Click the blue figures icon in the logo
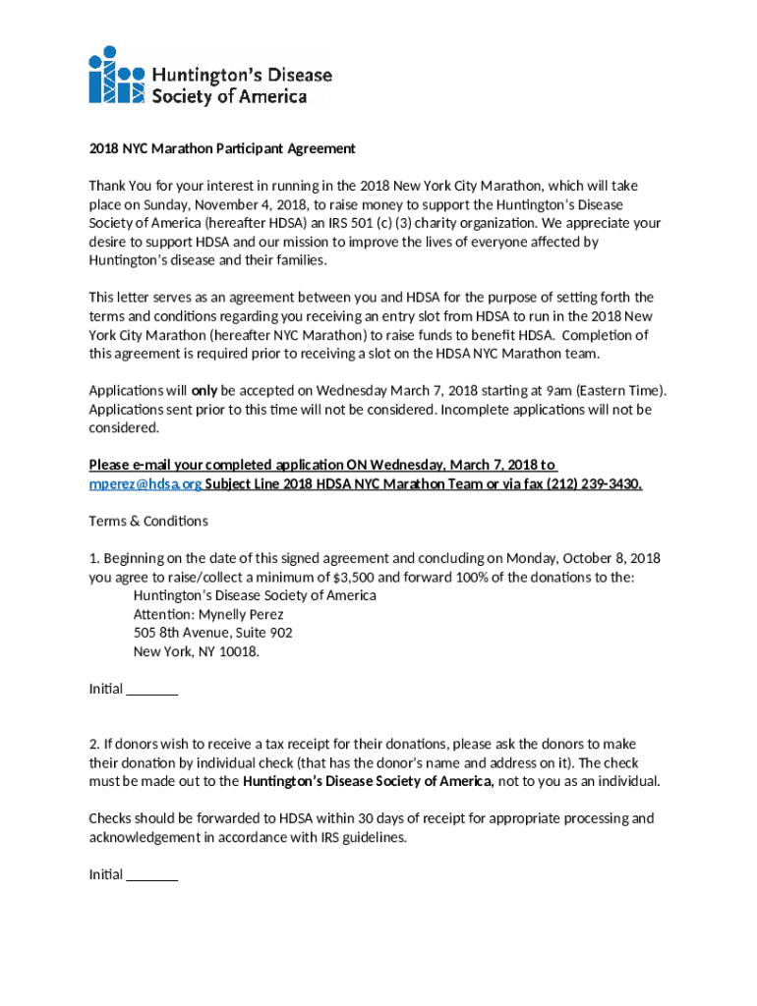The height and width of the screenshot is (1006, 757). point(116,75)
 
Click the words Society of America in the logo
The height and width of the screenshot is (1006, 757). point(228,96)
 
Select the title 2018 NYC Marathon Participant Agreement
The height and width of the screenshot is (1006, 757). point(221,148)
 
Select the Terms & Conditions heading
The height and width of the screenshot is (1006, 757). point(148,521)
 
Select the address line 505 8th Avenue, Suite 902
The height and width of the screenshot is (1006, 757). point(212,633)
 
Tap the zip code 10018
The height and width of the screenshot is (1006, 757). point(238,651)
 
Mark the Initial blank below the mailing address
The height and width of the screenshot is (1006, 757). point(152,690)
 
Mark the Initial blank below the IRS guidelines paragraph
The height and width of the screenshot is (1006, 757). point(152,875)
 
